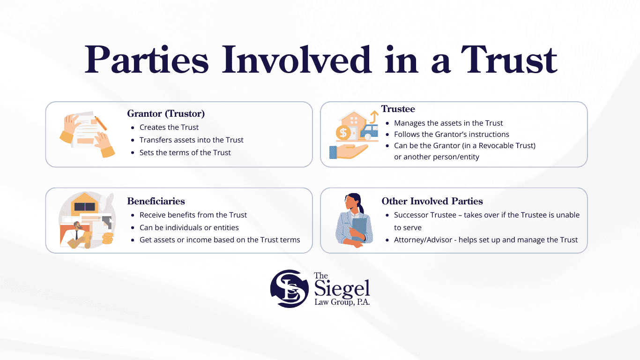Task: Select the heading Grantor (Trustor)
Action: coord(166,113)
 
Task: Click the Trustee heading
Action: coord(398,109)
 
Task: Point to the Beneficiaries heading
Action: coord(156,201)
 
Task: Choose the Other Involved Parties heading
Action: coord(432,201)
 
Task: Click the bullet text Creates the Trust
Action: coord(169,127)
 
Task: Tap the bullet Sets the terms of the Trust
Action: coord(185,152)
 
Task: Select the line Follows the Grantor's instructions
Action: coord(452,134)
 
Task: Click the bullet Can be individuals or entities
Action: coord(189,227)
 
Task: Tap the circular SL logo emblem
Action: coord(289,288)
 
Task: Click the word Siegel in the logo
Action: coord(342,289)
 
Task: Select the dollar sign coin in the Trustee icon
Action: coord(343,133)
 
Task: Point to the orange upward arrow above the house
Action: coord(374,117)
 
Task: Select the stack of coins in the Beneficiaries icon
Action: coord(107,238)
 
